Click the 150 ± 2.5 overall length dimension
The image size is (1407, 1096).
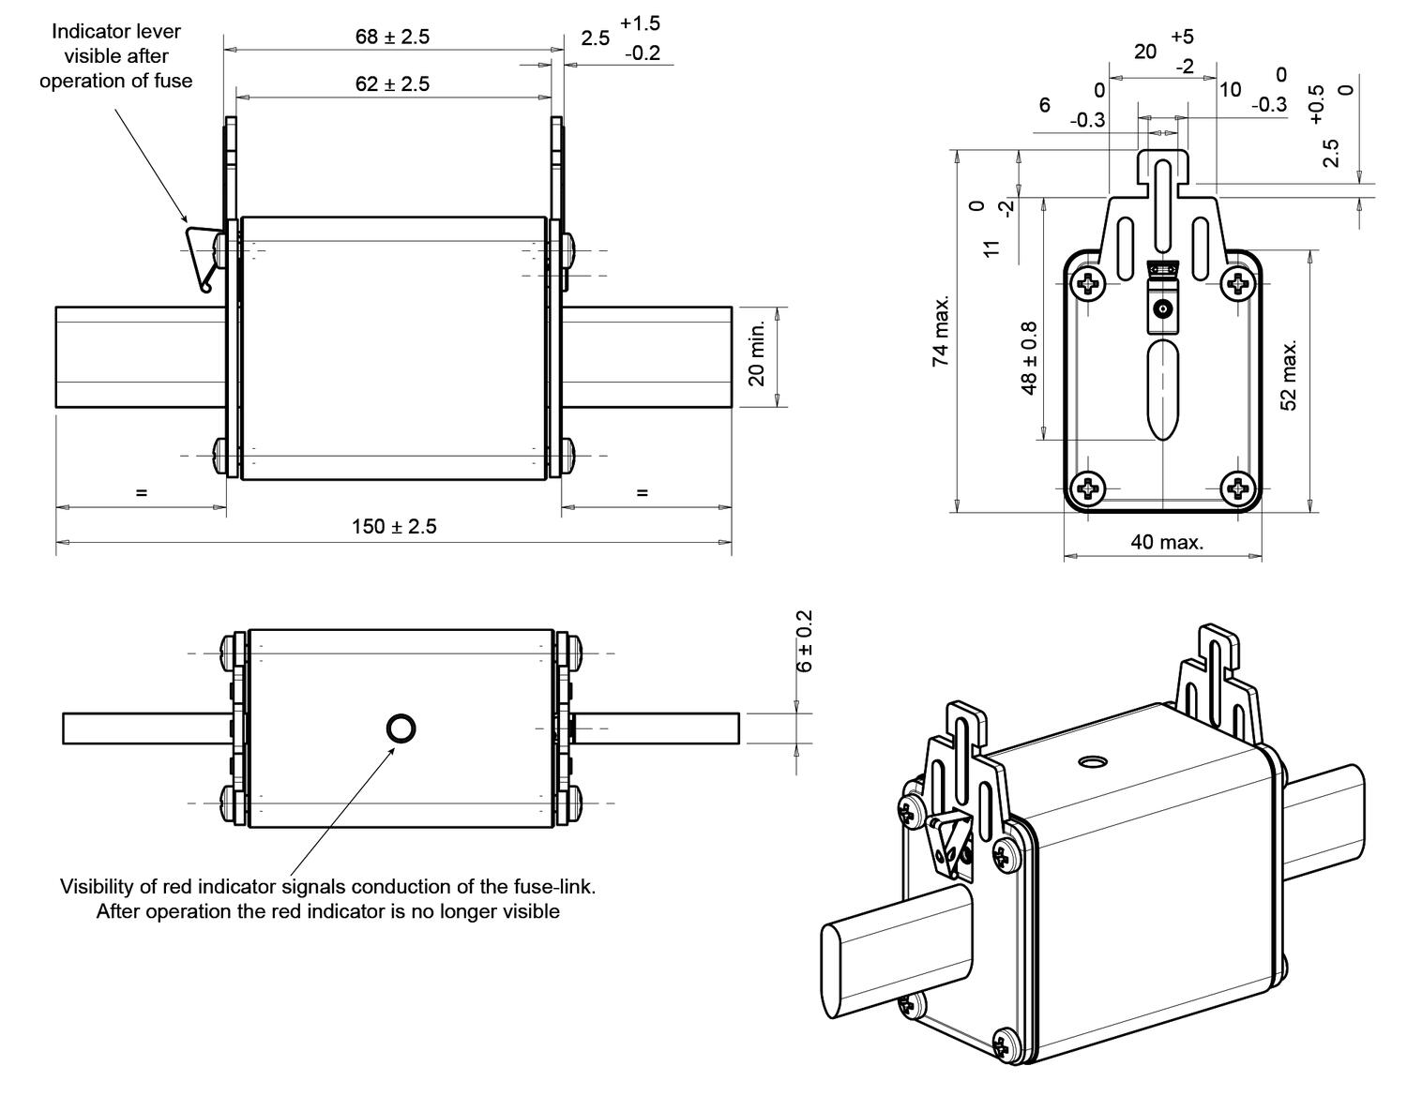click(x=394, y=526)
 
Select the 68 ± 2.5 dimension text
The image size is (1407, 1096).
click(x=392, y=37)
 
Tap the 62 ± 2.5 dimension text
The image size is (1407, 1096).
click(x=392, y=83)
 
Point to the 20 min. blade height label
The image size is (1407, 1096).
click(x=758, y=353)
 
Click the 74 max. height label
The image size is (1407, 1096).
click(x=941, y=330)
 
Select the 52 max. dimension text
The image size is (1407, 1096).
click(x=1290, y=375)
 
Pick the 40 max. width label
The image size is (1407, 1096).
click(x=1166, y=542)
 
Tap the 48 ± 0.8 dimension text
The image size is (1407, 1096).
click(x=1029, y=358)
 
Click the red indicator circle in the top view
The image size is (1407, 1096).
click(x=401, y=728)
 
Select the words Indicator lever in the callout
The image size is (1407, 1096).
click(x=116, y=31)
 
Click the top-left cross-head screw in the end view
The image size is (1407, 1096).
click(x=1088, y=282)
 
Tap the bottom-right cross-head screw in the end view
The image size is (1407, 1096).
click(x=1238, y=488)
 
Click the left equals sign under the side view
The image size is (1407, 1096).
click(x=142, y=492)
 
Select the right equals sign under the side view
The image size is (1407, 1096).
click(x=643, y=492)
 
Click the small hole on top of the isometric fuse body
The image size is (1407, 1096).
click(x=1091, y=762)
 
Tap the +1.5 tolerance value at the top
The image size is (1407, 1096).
click(x=640, y=23)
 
